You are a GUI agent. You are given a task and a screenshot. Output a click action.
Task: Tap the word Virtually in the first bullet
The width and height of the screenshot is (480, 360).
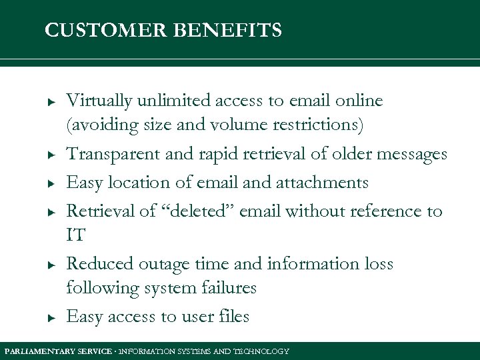click(x=99, y=101)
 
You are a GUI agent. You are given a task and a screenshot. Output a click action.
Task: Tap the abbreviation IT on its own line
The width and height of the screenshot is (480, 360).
click(x=75, y=235)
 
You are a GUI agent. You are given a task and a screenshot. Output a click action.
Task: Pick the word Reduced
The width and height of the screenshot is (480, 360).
click(x=99, y=264)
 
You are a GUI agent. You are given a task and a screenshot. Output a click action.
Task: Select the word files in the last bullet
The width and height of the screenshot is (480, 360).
click(x=233, y=317)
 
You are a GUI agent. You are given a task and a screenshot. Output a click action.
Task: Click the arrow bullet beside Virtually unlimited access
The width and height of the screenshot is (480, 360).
click(x=50, y=102)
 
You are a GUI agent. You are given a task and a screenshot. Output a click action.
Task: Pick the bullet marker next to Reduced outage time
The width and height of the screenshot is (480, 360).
click(x=50, y=265)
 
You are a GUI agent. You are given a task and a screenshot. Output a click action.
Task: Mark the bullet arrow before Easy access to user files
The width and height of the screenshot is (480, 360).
click(x=50, y=318)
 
